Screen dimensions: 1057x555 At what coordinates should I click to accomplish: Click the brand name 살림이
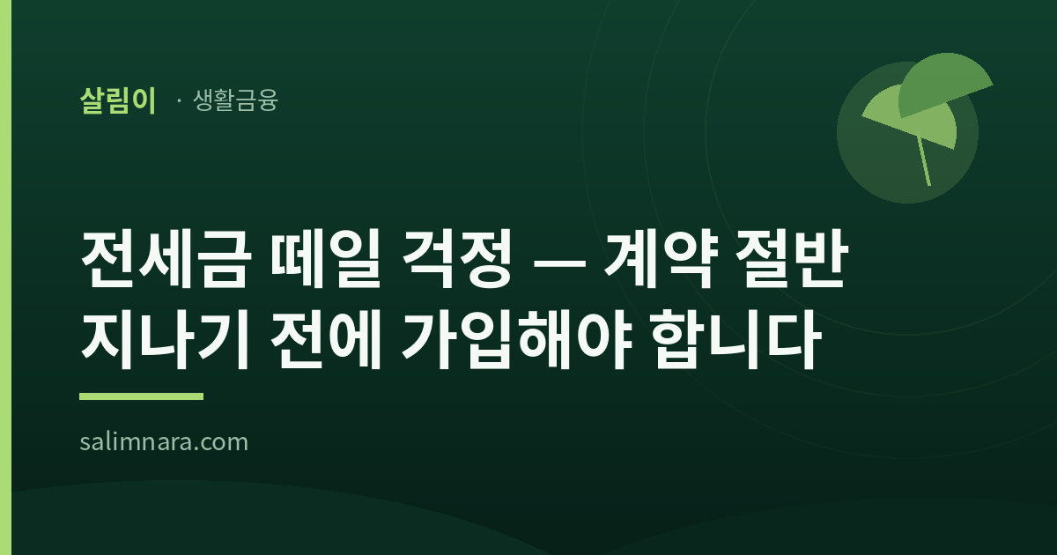click(x=118, y=100)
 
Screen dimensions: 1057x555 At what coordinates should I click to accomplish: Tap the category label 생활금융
click(x=235, y=100)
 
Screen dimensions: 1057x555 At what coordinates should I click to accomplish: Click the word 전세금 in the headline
click(x=164, y=259)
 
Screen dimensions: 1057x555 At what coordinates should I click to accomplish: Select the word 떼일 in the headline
click(x=326, y=259)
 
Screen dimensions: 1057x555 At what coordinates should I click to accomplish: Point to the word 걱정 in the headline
click(x=457, y=259)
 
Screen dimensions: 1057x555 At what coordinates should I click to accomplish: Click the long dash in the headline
click(x=559, y=260)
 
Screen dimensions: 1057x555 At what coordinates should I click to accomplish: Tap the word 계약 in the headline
click(x=662, y=259)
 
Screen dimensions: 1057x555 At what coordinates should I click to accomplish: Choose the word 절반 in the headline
click(x=792, y=259)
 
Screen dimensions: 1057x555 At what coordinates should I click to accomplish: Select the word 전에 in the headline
click(x=326, y=339)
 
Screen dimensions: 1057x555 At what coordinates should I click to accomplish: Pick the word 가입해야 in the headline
click(x=517, y=339)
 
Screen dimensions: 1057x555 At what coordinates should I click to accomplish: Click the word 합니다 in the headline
click(x=737, y=339)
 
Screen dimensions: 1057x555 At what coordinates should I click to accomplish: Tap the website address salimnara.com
click(x=164, y=442)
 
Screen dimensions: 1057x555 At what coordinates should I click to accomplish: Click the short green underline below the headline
click(x=141, y=396)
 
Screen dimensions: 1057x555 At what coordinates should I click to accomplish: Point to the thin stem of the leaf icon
click(x=924, y=161)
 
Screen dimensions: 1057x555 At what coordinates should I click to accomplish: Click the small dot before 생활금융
click(x=179, y=100)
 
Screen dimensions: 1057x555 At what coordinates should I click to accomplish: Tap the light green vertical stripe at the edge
click(x=5, y=277)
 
